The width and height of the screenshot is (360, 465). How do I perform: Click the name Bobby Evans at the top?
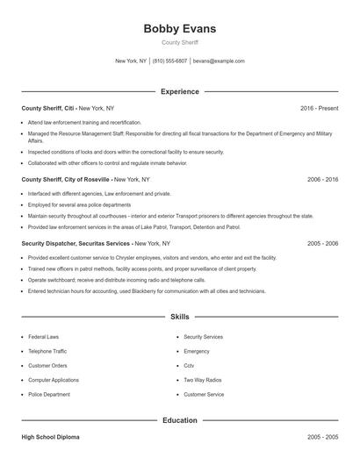tap(179, 29)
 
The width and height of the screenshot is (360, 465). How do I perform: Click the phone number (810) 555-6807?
tap(170, 61)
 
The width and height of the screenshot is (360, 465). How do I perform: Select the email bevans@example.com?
tap(219, 61)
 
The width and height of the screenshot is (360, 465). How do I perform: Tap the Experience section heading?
tap(180, 91)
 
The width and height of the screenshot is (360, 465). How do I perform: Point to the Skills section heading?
tap(180, 316)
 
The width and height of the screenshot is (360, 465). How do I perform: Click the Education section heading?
tap(180, 420)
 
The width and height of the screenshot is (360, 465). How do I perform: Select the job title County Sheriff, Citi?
tap(48, 108)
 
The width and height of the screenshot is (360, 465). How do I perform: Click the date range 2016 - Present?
tap(319, 108)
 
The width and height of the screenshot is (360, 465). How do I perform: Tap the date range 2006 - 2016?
tap(322, 179)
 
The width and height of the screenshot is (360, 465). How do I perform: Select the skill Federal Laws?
tap(44, 336)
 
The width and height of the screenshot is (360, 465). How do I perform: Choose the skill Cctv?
tap(189, 366)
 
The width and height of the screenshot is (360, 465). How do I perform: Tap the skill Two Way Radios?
tap(201, 380)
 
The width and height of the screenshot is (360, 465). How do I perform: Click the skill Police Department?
tap(49, 395)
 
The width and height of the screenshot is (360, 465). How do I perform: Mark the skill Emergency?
tap(198, 351)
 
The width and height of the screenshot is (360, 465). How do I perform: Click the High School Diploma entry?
tap(50, 437)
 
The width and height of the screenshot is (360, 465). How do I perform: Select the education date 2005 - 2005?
tap(322, 437)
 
